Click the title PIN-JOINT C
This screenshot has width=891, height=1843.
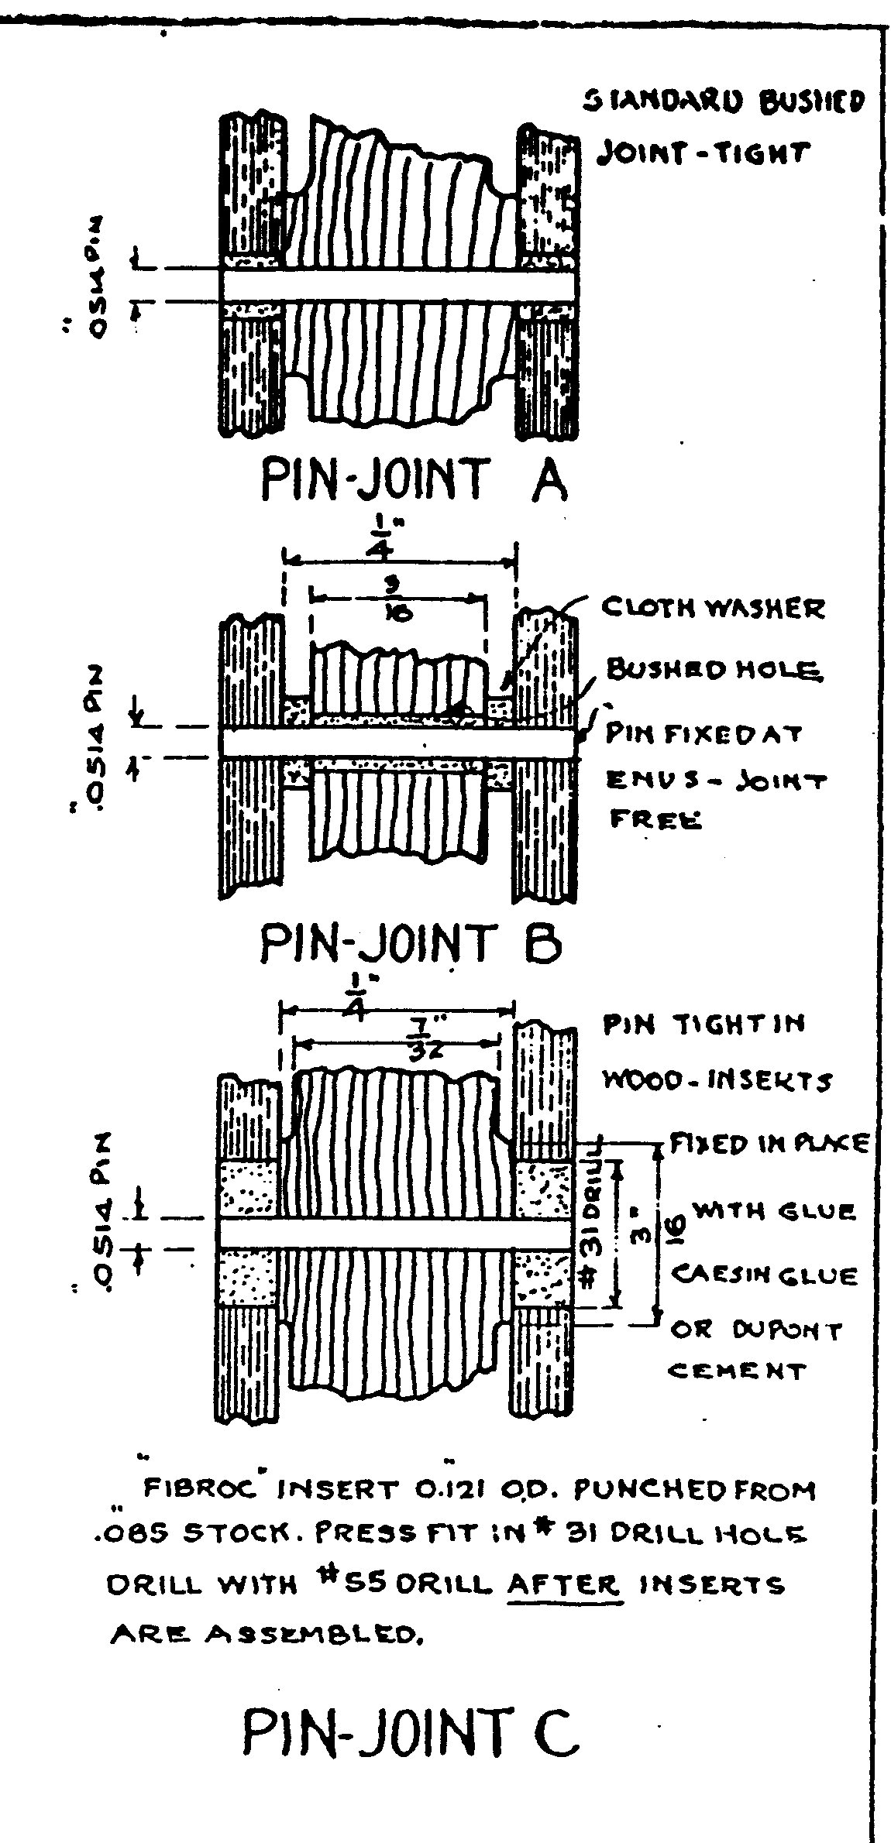(x=410, y=1731)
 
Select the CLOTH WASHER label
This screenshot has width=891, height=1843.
(x=714, y=609)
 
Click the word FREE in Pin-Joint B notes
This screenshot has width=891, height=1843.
(x=655, y=819)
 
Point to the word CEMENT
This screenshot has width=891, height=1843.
(x=737, y=1371)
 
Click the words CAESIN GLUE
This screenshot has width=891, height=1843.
(x=763, y=1275)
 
